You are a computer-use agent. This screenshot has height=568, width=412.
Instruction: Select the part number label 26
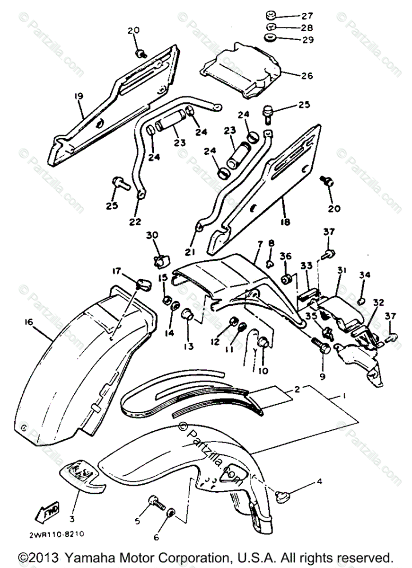tap(307, 75)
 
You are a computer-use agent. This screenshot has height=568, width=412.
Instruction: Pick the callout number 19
tap(78, 96)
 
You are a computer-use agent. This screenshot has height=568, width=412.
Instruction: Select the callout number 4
tap(320, 482)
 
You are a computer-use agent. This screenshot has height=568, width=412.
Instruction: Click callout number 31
tap(342, 270)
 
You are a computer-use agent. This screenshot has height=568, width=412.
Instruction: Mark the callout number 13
tap(189, 346)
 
